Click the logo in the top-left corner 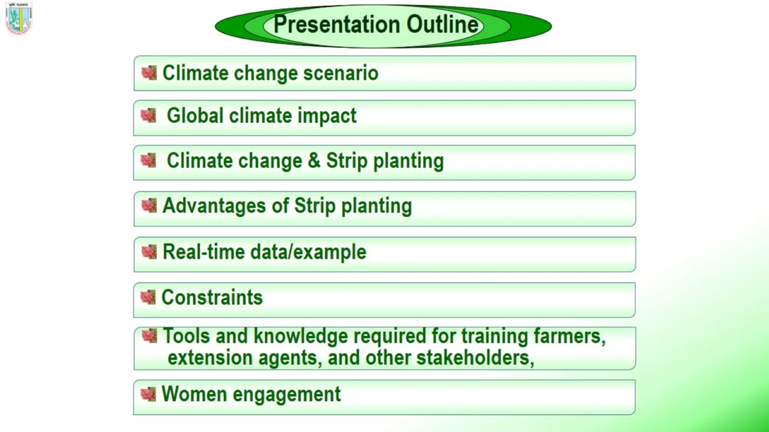tap(19, 18)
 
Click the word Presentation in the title tap(336, 25)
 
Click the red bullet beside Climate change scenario tap(149, 73)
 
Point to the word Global tap(195, 115)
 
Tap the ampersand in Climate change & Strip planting tap(314, 161)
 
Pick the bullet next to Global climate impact tap(148, 115)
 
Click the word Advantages tap(214, 206)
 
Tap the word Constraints tap(212, 298)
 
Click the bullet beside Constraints tap(148, 297)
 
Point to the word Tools tap(186, 336)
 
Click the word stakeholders tap(475, 358)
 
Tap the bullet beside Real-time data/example tap(149, 252)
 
